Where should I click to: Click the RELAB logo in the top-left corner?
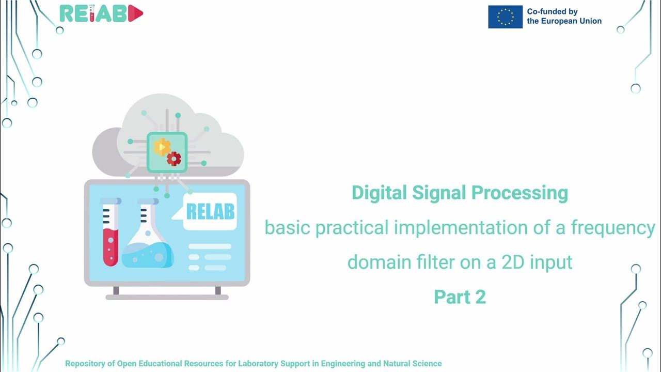101,14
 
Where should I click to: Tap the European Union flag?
505,17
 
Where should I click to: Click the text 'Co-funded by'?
552,11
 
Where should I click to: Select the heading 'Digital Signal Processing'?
460,193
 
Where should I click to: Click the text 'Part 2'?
460,297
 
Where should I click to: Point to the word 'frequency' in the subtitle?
613,227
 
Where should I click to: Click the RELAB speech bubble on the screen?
210,211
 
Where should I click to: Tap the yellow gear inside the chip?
162,147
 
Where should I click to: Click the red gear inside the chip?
174,159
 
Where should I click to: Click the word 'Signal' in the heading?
440,193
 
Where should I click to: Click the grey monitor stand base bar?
167,297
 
